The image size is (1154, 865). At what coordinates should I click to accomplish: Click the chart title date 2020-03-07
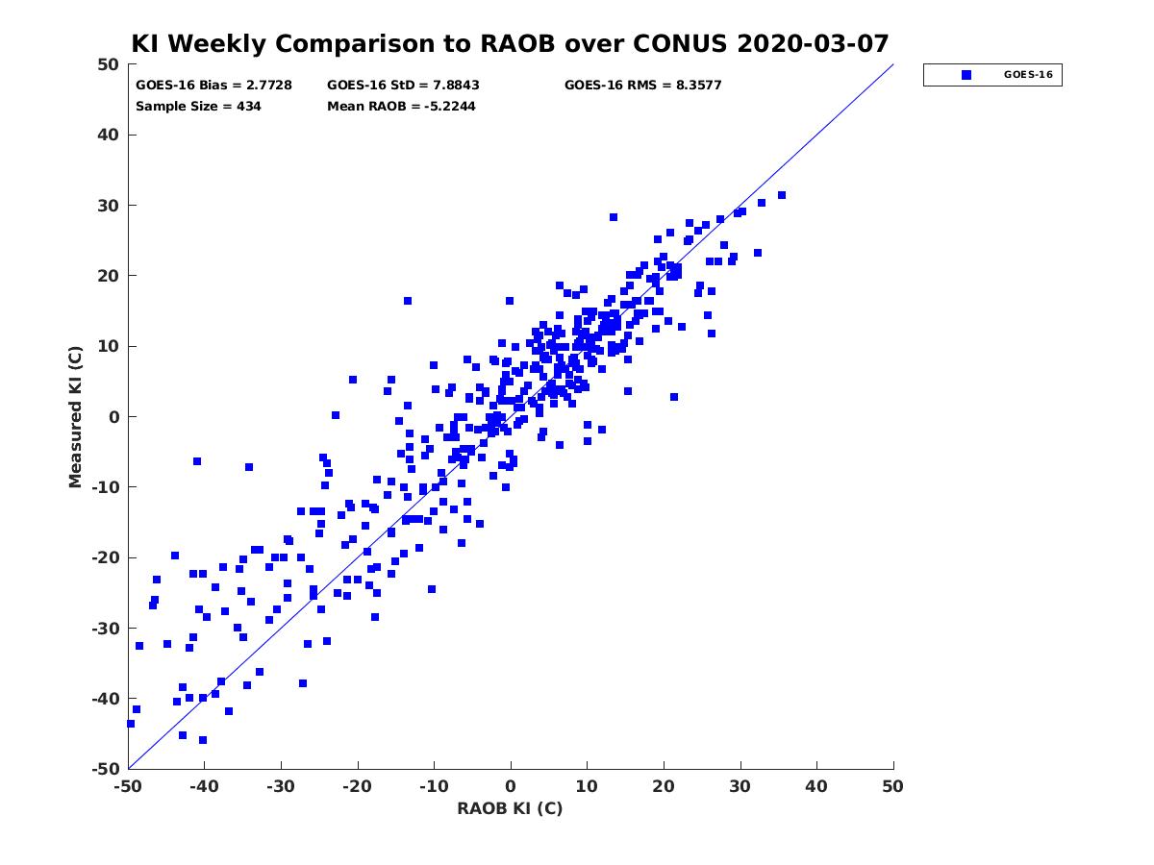pyautogui.click(x=813, y=43)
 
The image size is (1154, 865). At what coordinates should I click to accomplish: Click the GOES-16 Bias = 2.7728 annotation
pyautogui.click(x=213, y=86)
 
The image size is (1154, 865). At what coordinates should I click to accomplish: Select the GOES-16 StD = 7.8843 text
pyautogui.click(x=403, y=86)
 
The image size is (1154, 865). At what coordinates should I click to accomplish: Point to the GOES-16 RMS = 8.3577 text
pyautogui.click(x=642, y=86)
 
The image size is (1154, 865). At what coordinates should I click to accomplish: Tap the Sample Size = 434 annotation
pyautogui.click(x=198, y=107)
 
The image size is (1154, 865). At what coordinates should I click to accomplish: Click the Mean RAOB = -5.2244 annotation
pyautogui.click(x=401, y=107)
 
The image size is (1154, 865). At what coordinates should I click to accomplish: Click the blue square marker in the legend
pyautogui.click(x=966, y=75)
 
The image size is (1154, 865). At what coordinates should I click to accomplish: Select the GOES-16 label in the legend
pyautogui.click(x=1028, y=75)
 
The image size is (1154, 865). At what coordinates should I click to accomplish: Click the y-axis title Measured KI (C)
pyautogui.click(x=75, y=416)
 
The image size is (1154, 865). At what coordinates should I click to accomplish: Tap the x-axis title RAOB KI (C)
pyautogui.click(x=510, y=808)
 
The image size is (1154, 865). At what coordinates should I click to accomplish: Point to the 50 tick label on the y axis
pyautogui.click(x=109, y=64)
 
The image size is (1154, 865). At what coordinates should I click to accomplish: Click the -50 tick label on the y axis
pyautogui.click(x=105, y=770)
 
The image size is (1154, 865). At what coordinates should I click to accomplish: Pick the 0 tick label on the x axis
pyautogui.click(x=511, y=787)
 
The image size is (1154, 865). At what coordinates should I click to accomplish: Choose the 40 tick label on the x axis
pyautogui.click(x=816, y=787)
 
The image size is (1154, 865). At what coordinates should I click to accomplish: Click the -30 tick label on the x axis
pyautogui.click(x=281, y=787)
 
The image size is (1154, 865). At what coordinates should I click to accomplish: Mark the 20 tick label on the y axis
pyautogui.click(x=109, y=276)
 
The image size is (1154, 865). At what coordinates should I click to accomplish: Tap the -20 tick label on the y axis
pyautogui.click(x=105, y=557)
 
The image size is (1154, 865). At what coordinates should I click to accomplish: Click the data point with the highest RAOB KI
pyautogui.click(x=781, y=195)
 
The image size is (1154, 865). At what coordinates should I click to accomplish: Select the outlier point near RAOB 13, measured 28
pyautogui.click(x=613, y=217)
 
